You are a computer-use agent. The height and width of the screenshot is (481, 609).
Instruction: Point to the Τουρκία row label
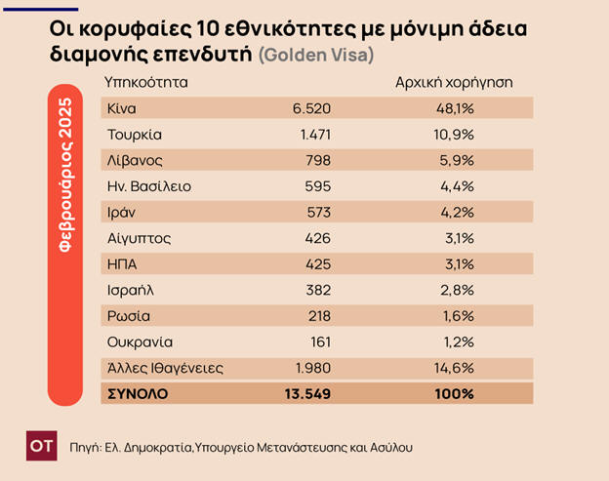(x=135, y=134)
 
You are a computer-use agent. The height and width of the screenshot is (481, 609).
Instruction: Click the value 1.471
(x=312, y=134)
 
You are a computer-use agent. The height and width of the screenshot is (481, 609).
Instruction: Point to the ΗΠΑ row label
(x=122, y=263)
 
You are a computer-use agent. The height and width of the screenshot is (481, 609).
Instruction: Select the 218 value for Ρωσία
(x=318, y=315)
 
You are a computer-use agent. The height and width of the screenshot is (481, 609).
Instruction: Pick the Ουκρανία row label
(x=139, y=341)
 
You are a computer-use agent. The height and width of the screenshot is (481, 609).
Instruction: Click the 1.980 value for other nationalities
(x=311, y=368)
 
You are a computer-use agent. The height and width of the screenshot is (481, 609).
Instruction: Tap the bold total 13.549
(x=307, y=393)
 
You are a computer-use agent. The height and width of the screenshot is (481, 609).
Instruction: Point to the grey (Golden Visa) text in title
(x=317, y=56)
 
